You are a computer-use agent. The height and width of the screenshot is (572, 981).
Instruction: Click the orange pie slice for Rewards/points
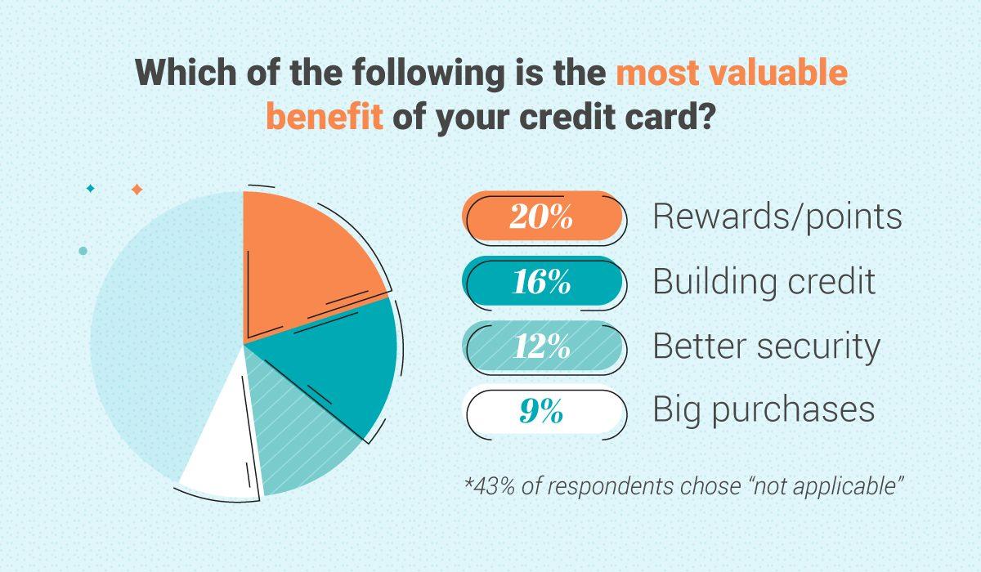click(307, 261)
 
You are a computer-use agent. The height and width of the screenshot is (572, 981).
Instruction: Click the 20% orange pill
click(544, 217)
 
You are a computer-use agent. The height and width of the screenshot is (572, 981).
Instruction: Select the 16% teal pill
click(544, 282)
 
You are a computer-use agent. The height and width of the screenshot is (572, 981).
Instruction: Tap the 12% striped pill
click(544, 346)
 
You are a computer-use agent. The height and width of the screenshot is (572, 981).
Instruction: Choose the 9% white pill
click(544, 411)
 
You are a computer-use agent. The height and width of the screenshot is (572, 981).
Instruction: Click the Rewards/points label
click(777, 217)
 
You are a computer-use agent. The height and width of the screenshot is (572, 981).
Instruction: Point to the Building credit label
click(764, 282)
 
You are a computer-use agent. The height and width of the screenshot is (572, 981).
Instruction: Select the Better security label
click(766, 346)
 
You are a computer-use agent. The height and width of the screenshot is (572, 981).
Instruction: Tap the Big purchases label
click(764, 410)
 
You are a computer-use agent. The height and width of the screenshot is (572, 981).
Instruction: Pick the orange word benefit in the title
click(324, 117)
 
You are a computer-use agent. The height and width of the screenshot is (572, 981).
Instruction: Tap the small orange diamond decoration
click(137, 190)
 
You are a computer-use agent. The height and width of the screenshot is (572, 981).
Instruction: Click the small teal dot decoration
click(83, 251)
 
